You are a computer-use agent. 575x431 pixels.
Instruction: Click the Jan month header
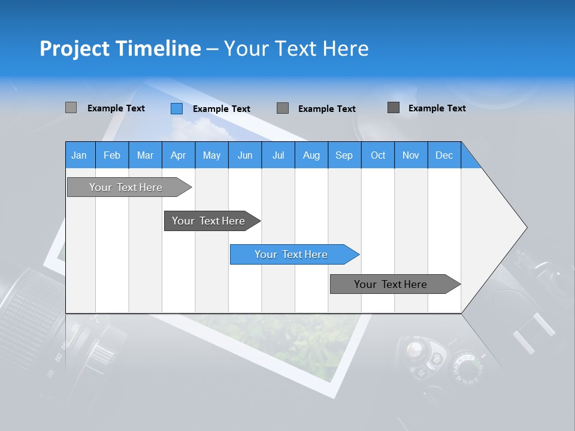[80, 155]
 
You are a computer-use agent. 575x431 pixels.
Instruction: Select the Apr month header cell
[178, 155]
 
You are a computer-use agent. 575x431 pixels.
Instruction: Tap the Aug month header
[311, 155]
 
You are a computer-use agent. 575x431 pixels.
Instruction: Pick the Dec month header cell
[444, 155]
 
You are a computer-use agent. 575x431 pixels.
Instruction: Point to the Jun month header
[245, 155]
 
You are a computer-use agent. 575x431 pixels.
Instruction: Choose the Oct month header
[378, 155]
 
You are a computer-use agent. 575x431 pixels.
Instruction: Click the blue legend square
[176, 108]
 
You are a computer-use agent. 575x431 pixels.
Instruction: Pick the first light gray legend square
[71, 108]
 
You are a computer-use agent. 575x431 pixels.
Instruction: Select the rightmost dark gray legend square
[394, 108]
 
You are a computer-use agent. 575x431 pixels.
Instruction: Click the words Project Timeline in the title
[120, 48]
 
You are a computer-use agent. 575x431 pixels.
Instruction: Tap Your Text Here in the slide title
[296, 48]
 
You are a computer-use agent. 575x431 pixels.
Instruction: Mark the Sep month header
[344, 155]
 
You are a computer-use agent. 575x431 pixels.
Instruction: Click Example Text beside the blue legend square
[222, 109]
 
